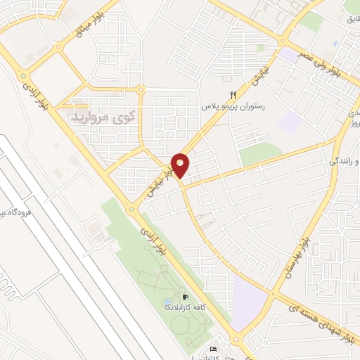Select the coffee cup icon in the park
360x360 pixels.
(185, 297)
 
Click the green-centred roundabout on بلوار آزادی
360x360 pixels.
(24, 76)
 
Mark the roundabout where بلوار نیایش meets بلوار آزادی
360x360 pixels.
(131, 209)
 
